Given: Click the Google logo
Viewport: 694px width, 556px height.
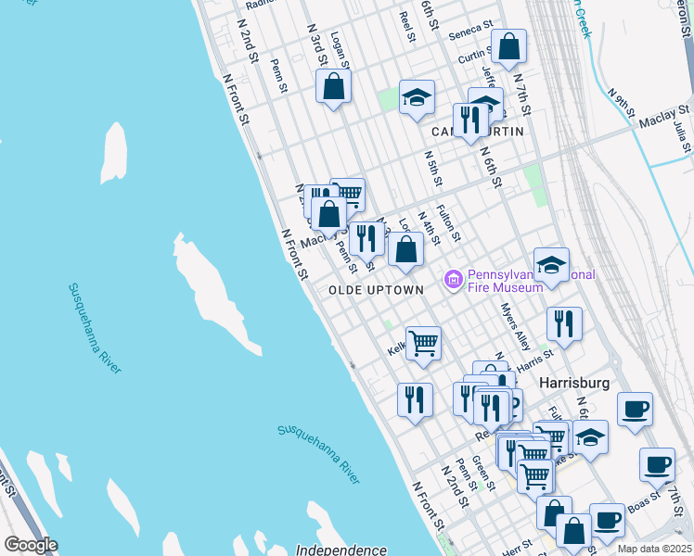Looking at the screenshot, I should point(31,545).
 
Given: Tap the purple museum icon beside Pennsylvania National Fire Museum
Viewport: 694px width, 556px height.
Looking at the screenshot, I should point(454,279).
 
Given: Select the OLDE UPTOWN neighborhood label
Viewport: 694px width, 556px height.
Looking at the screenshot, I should point(376,290).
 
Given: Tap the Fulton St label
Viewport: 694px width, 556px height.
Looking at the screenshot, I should point(448,222).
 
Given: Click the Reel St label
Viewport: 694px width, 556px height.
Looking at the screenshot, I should point(405,27).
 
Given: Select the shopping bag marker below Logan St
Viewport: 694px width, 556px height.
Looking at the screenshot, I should point(333,87).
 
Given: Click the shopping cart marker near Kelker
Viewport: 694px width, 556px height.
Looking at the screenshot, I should point(423,342).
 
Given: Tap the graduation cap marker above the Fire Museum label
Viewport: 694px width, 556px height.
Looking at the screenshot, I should point(551,265).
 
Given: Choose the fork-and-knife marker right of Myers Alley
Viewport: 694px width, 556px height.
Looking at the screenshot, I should point(564,324).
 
